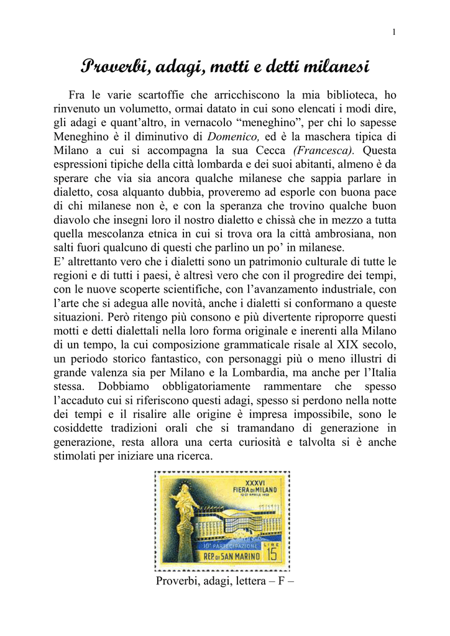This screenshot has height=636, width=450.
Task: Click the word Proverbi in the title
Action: tap(114, 66)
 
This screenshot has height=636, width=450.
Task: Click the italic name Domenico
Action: tap(231, 136)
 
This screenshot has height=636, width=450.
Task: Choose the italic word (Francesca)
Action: tap(326, 150)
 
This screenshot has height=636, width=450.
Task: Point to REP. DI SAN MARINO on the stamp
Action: tap(232, 555)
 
